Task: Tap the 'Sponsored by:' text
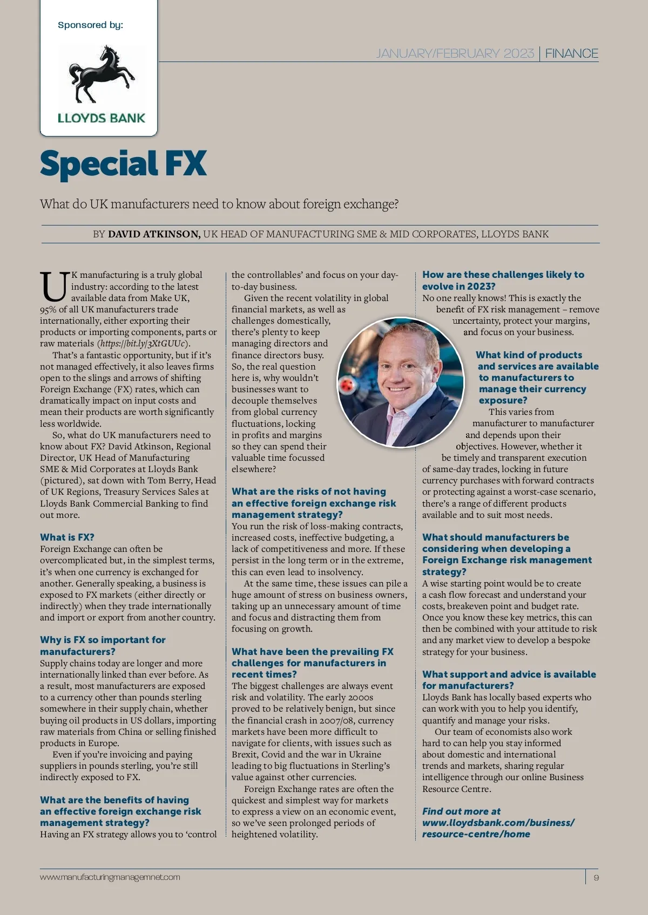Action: click(90, 25)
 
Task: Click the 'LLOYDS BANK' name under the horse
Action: click(102, 118)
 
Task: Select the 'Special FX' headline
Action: click(123, 163)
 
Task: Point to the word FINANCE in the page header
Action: click(571, 53)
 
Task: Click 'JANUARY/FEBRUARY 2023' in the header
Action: click(455, 53)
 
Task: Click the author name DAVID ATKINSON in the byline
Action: click(154, 234)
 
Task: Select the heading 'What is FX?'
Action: click(67, 537)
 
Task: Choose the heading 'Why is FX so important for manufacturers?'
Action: click(103, 646)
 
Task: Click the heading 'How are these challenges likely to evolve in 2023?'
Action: click(503, 281)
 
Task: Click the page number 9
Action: click(596, 877)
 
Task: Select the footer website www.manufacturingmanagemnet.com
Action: click(110, 877)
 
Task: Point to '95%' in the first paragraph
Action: click(48, 310)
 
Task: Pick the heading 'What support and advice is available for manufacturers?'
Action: click(509, 680)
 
